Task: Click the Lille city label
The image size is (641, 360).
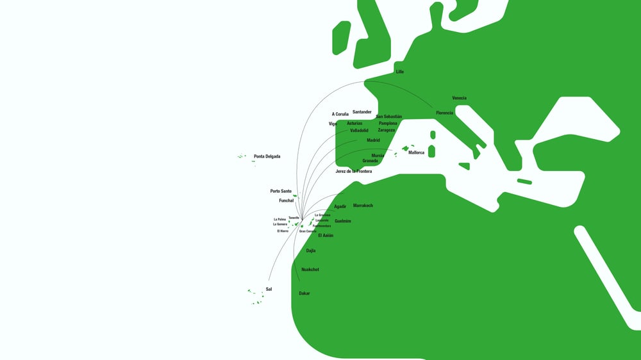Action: [400, 72]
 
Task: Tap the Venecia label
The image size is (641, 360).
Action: [459, 98]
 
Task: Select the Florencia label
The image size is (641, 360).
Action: [444, 113]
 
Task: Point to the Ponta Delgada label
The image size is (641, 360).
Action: [267, 156]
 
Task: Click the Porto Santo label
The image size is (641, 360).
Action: [281, 191]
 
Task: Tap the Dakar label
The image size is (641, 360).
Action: [304, 293]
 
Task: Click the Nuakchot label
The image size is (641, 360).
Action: [310, 270]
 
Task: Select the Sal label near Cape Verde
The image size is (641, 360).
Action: [269, 290]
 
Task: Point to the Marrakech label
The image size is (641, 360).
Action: [363, 206]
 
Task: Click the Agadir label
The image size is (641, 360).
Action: [340, 206]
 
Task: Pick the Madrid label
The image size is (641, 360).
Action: [373, 140]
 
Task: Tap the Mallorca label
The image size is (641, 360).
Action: [416, 152]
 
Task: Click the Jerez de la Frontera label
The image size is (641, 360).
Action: [353, 171]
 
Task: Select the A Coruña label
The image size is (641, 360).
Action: [340, 114]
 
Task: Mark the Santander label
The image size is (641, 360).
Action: [362, 112]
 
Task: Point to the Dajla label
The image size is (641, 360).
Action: [311, 250]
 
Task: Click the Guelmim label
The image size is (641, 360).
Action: [343, 221]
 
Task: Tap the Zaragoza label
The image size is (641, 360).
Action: [387, 130]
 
